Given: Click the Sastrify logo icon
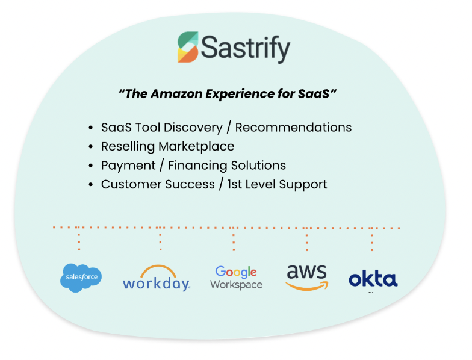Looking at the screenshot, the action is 188,48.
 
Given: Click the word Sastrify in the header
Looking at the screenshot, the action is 246,48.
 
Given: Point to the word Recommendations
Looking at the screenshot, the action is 293,128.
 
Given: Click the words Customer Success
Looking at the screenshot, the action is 158,184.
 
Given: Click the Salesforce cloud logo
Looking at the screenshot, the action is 81,278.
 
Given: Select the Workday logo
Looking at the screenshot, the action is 157,278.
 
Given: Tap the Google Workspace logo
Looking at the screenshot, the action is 236,278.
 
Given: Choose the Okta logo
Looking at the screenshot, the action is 373,280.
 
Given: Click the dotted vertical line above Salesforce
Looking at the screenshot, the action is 79,238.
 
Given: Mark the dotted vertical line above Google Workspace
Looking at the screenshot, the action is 234,238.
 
